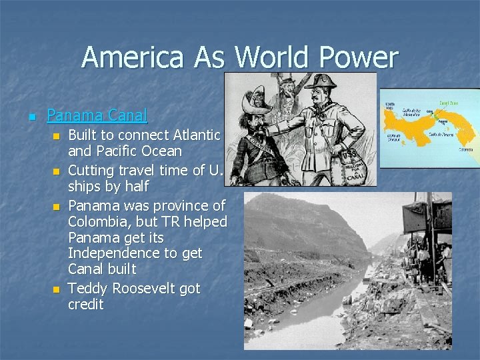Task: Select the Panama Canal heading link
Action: point(97,115)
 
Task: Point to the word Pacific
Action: point(121,151)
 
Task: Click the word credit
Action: point(86,305)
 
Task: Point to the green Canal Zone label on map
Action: point(448,103)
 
